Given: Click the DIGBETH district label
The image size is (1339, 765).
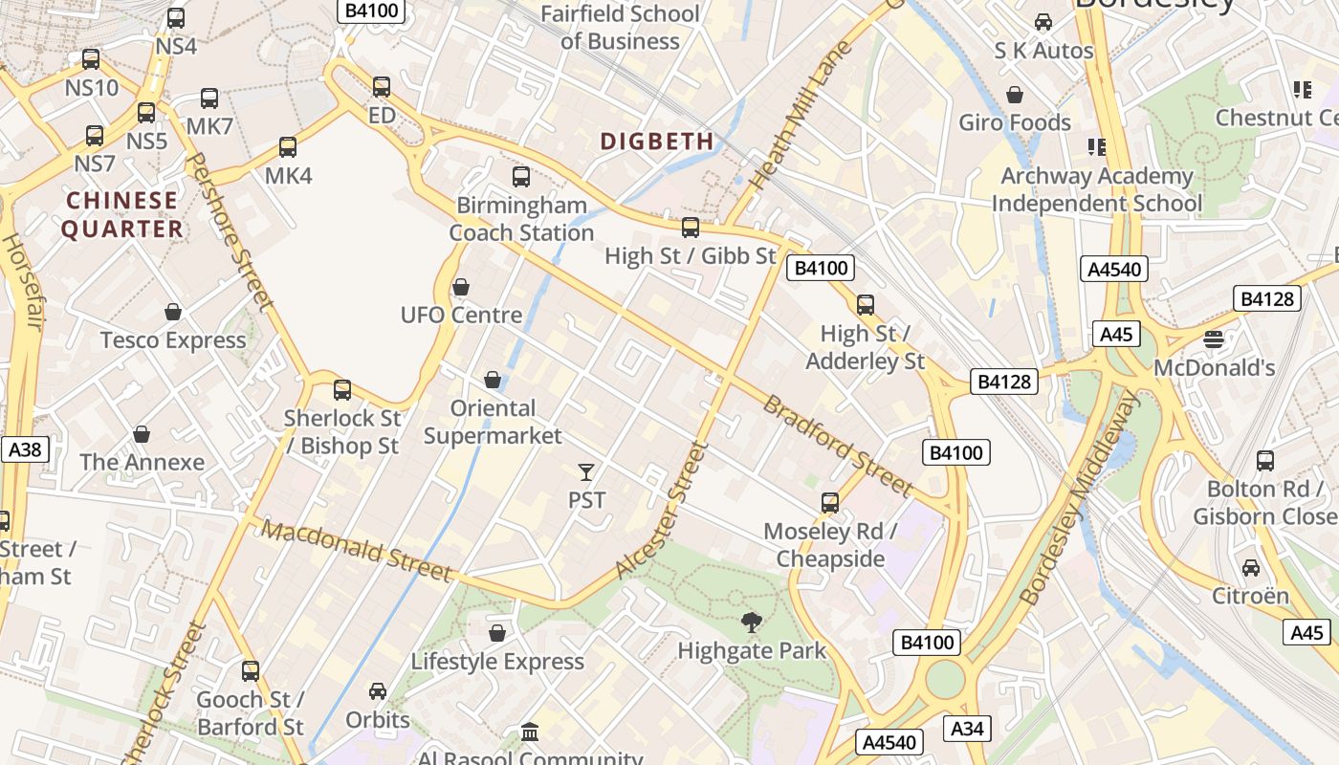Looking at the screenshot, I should [657, 142].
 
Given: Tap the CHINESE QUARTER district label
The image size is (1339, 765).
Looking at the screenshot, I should [121, 214].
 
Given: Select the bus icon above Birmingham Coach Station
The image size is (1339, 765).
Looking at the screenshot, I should [521, 176].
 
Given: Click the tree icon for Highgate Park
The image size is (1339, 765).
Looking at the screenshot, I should [752, 623].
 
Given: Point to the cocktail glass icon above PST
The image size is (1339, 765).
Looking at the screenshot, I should [586, 471].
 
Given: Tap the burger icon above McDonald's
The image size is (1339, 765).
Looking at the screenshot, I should [1214, 339].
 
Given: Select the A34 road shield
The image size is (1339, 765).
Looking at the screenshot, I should [967, 729].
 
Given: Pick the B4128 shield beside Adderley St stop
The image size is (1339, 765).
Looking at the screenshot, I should [1004, 382].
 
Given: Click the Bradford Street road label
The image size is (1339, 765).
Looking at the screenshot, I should [838, 446].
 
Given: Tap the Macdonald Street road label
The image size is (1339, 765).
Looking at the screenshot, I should [356, 551].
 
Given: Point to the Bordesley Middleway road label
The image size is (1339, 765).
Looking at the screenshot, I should [1080, 497].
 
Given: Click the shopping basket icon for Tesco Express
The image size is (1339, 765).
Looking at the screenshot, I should [173, 312].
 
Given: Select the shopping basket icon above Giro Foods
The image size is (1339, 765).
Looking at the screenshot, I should [1015, 95].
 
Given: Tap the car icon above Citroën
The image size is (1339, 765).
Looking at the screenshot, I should [1250, 567].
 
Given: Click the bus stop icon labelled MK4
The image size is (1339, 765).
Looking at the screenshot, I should [288, 147].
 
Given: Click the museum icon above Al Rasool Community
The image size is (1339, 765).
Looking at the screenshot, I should [530, 732].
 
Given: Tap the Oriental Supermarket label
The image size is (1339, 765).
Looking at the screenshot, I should [493, 422].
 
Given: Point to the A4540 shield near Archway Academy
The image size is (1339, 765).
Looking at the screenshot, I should [1115, 269].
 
